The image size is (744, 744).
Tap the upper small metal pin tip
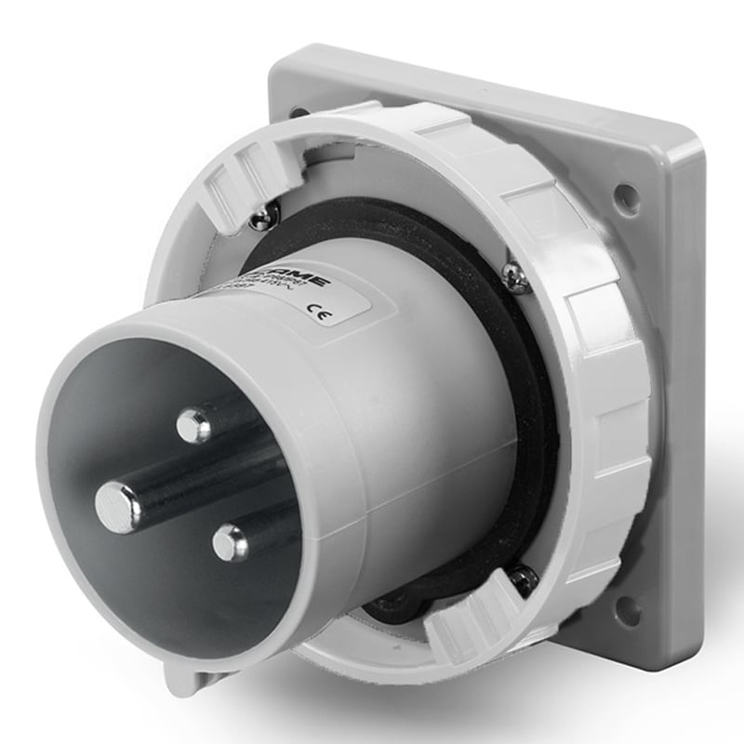pyautogui.click(x=193, y=426)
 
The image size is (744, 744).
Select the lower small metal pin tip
pyautogui.click(x=230, y=542)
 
